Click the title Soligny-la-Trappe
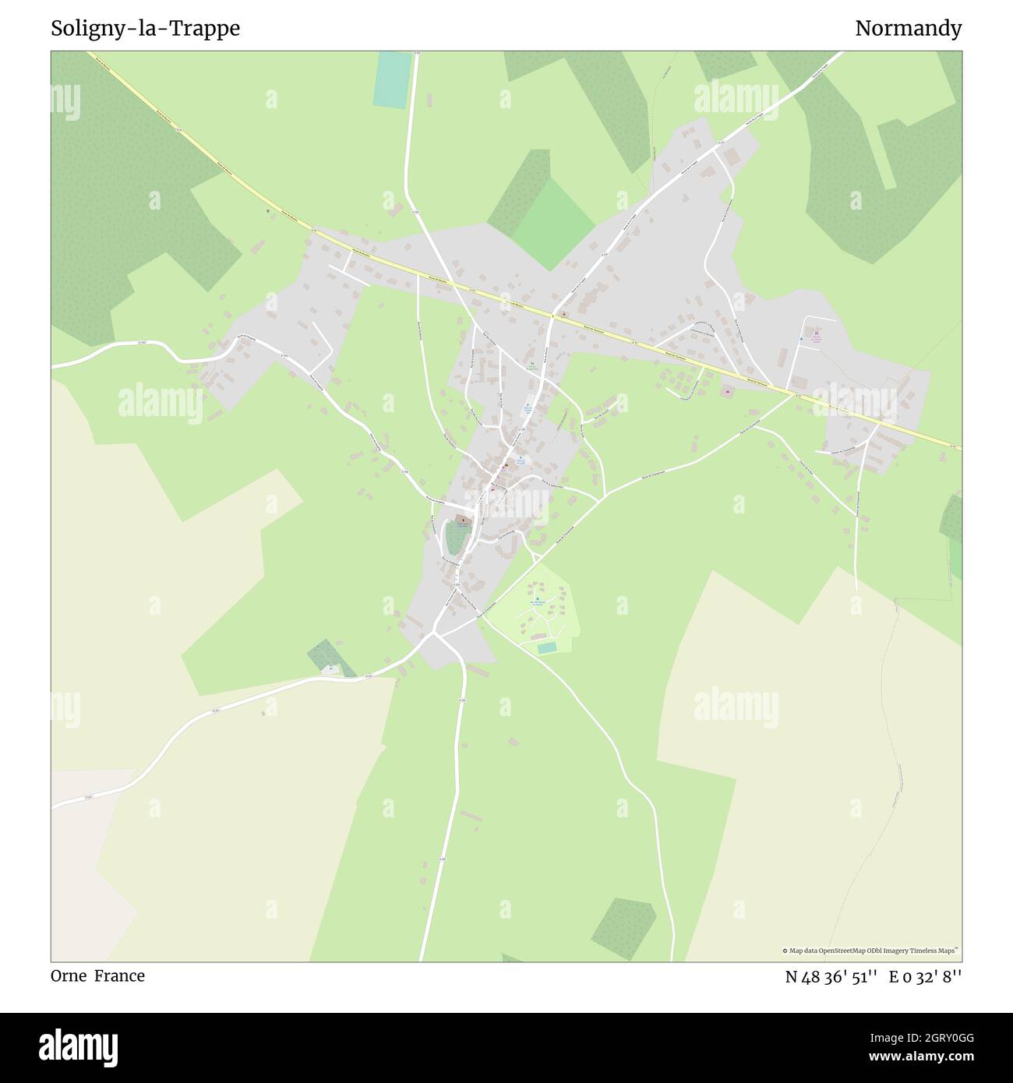click(145, 29)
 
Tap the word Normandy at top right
click(908, 29)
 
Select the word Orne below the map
click(69, 975)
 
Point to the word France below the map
click(119, 975)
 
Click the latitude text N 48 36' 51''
click(831, 976)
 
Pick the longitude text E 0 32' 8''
click(925, 976)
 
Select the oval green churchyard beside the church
click(455, 537)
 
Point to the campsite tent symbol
click(536, 598)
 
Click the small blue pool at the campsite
click(547, 647)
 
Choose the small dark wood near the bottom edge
click(623, 927)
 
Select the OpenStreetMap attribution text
click(870, 951)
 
